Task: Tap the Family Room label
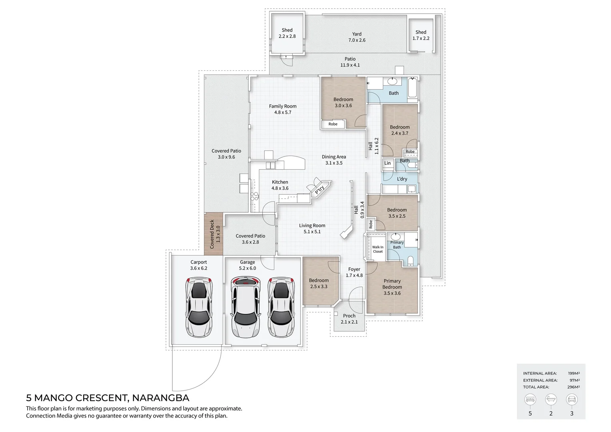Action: click(283, 109)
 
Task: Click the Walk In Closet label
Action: click(377, 249)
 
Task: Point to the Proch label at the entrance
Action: click(349, 318)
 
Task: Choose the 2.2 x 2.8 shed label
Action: click(287, 33)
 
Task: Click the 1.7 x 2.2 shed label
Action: click(421, 35)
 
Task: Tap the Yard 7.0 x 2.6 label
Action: click(357, 37)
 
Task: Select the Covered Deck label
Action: click(215, 234)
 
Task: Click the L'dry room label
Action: click(402, 179)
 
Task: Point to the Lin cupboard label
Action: click(387, 163)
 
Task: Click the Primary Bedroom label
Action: click(392, 287)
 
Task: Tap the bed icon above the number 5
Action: click(530, 399)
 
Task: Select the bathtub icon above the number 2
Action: click(551, 399)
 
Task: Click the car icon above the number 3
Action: click(571, 399)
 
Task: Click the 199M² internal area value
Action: click(574, 373)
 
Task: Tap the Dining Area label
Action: click(334, 160)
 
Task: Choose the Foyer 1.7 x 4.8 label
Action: click(354, 272)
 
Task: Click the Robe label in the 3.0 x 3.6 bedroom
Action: click(333, 124)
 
